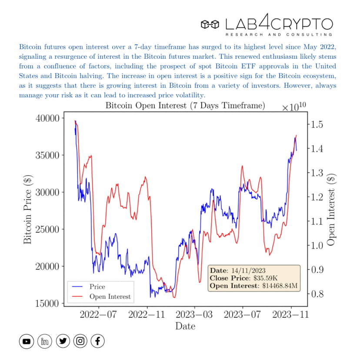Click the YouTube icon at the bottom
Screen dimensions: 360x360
click(x=27, y=341)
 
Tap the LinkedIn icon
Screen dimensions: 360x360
click(x=44, y=341)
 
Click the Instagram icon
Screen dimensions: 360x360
click(x=80, y=341)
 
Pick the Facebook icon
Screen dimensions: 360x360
click(x=98, y=341)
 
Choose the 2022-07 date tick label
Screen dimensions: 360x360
click(x=99, y=314)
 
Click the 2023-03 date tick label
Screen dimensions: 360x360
click(x=194, y=314)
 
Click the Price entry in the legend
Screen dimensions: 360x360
click(x=97, y=287)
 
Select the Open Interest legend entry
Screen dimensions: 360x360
click(x=110, y=297)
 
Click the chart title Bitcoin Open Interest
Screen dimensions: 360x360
click(x=185, y=106)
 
